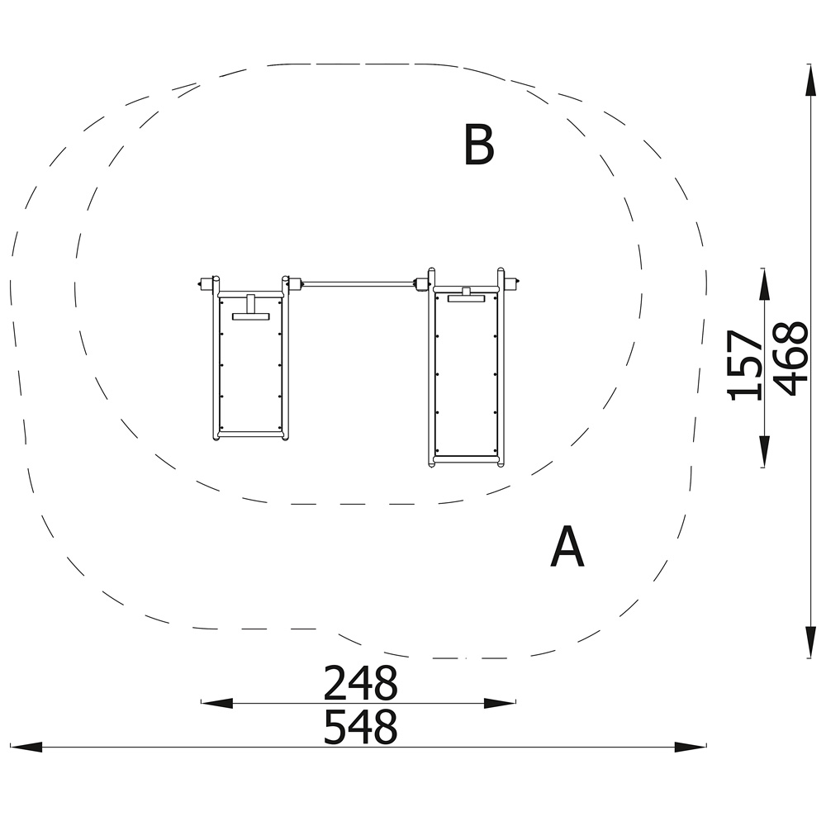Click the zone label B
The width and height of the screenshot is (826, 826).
(x=479, y=145)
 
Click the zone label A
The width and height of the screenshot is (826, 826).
(x=567, y=546)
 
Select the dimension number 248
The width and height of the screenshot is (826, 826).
(x=360, y=682)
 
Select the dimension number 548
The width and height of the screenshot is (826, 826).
(x=360, y=726)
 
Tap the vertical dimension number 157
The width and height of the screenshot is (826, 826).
(x=744, y=365)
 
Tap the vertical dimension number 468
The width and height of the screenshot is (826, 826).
(x=790, y=358)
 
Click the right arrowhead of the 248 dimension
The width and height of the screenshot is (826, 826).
(x=500, y=703)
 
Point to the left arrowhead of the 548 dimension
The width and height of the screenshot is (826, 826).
(x=26, y=747)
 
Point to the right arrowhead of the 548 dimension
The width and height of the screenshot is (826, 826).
(x=691, y=747)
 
